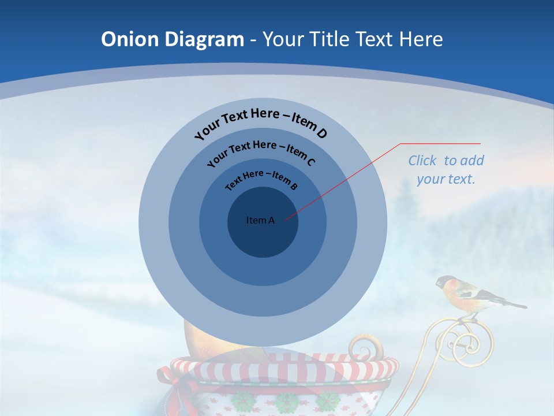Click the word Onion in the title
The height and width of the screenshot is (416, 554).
tap(130, 39)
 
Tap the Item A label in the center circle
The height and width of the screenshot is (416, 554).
tap(260, 220)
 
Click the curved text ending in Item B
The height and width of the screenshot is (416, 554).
tap(261, 179)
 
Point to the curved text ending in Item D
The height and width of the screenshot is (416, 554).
tap(261, 122)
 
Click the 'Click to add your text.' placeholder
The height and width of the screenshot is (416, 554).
tap(446, 169)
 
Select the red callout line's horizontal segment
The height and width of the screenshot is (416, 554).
tap(440, 143)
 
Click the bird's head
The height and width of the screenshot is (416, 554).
tap(445, 283)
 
